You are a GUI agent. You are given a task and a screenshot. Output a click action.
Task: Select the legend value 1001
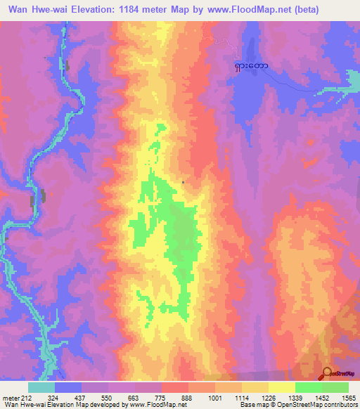click(214, 397)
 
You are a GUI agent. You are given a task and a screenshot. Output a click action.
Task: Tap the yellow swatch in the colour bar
click(282, 387)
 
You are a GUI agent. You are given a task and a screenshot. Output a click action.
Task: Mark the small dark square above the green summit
click(184, 183)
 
